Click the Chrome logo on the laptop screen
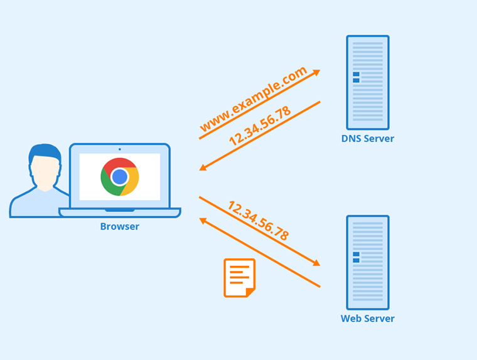[120, 177]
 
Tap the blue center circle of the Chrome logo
[120, 177]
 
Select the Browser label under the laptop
[119, 226]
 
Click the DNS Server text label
[367, 139]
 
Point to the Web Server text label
[367, 319]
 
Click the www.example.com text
[254, 99]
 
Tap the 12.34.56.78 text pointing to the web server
[258, 221]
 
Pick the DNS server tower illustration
[367, 82]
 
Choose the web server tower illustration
[367, 262]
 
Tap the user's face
[45, 171]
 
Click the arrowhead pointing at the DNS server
[316, 72]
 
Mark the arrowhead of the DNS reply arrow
[203, 167]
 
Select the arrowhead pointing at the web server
[316, 263]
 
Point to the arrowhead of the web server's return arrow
[203, 220]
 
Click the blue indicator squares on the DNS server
[356, 77]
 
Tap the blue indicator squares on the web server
[356, 257]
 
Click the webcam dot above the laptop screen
[119, 149]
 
